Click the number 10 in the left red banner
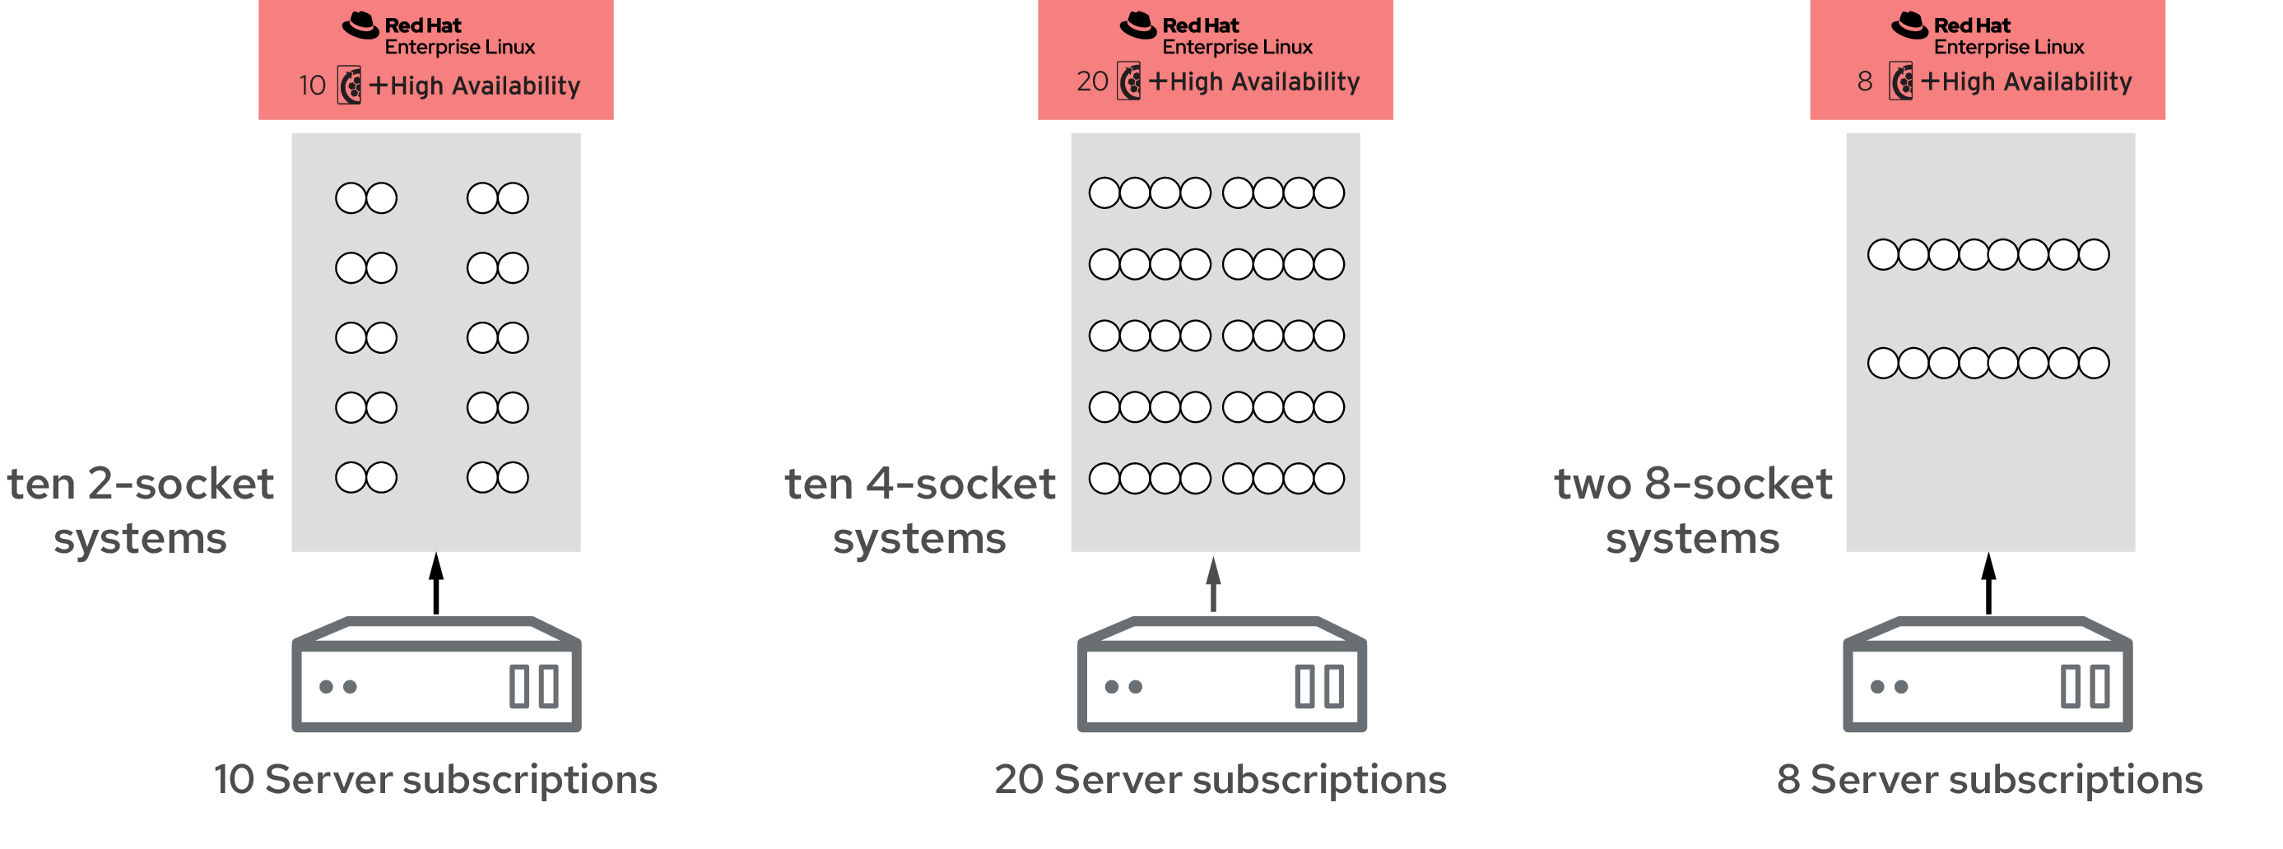point(312,85)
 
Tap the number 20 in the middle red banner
point(1092,81)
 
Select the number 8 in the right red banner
point(1865,81)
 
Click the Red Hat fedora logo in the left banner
point(360,26)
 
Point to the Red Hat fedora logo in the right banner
point(1909,26)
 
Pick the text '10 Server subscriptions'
point(435,780)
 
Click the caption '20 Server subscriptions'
point(1221,780)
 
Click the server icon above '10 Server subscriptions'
point(436,675)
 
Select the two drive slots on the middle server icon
point(1319,686)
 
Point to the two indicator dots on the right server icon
point(1889,686)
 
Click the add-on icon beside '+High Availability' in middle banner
point(1128,81)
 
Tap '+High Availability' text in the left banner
point(474,86)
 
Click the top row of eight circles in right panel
point(1988,255)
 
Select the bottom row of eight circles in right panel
point(1988,363)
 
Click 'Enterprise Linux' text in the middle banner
point(1237,47)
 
